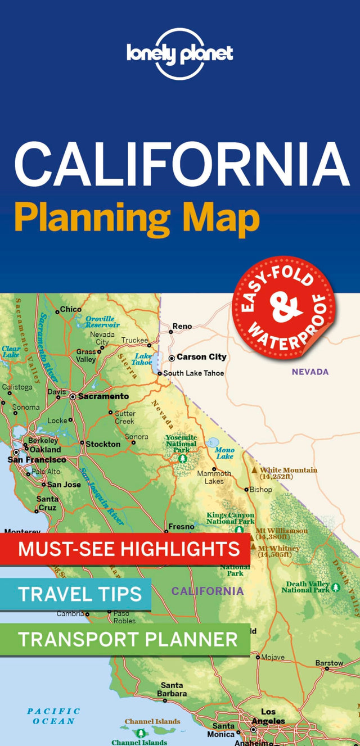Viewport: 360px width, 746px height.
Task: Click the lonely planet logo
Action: click(179, 53)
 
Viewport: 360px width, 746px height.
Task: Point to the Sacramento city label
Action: click(103, 396)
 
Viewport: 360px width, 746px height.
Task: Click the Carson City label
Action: click(201, 357)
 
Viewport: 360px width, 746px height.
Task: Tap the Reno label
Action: click(182, 326)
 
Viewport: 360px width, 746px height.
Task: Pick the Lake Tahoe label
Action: click(142, 359)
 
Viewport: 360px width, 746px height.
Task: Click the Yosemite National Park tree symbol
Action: click(182, 459)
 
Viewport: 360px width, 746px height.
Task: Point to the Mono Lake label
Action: click(224, 453)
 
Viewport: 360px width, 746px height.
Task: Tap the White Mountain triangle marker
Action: click(254, 470)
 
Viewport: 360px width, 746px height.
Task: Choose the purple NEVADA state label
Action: click(310, 372)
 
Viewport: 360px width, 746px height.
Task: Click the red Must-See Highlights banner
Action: click(125, 549)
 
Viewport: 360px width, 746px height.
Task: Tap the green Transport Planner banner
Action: click(125, 639)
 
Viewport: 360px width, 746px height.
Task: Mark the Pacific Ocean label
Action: click(54, 716)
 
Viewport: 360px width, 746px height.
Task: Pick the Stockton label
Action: click(102, 444)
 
